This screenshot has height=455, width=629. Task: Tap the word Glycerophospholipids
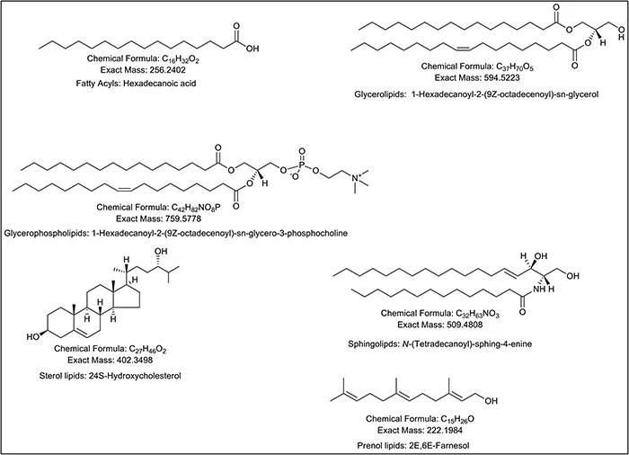(56, 233)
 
